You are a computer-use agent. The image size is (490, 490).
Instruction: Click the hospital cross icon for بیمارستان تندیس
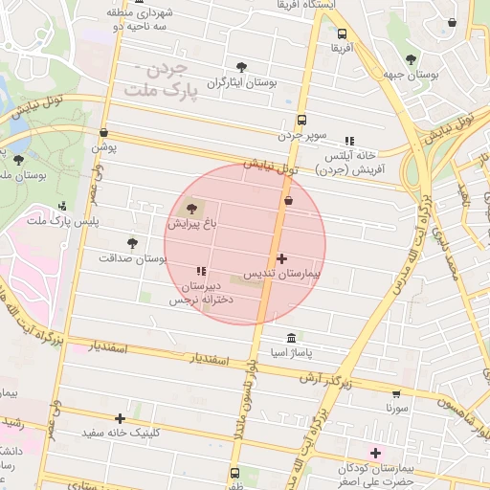click(281, 258)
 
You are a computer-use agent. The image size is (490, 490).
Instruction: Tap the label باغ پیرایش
click(194, 226)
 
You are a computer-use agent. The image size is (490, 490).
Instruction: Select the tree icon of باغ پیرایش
click(190, 209)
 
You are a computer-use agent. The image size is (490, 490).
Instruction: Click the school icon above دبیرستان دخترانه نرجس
click(201, 271)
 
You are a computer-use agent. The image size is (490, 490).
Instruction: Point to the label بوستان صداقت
click(132, 258)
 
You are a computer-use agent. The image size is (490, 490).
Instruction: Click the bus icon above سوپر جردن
click(302, 121)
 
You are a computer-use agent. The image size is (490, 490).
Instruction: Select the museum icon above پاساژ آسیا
click(291, 338)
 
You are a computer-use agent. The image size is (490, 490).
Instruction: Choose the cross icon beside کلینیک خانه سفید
click(120, 418)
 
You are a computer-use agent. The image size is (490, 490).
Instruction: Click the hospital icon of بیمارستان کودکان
click(375, 452)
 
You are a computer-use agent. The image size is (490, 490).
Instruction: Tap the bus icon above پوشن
click(103, 134)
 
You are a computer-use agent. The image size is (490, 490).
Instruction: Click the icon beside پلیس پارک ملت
click(63, 206)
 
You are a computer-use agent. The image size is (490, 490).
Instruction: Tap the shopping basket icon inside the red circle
click(288, 201)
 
